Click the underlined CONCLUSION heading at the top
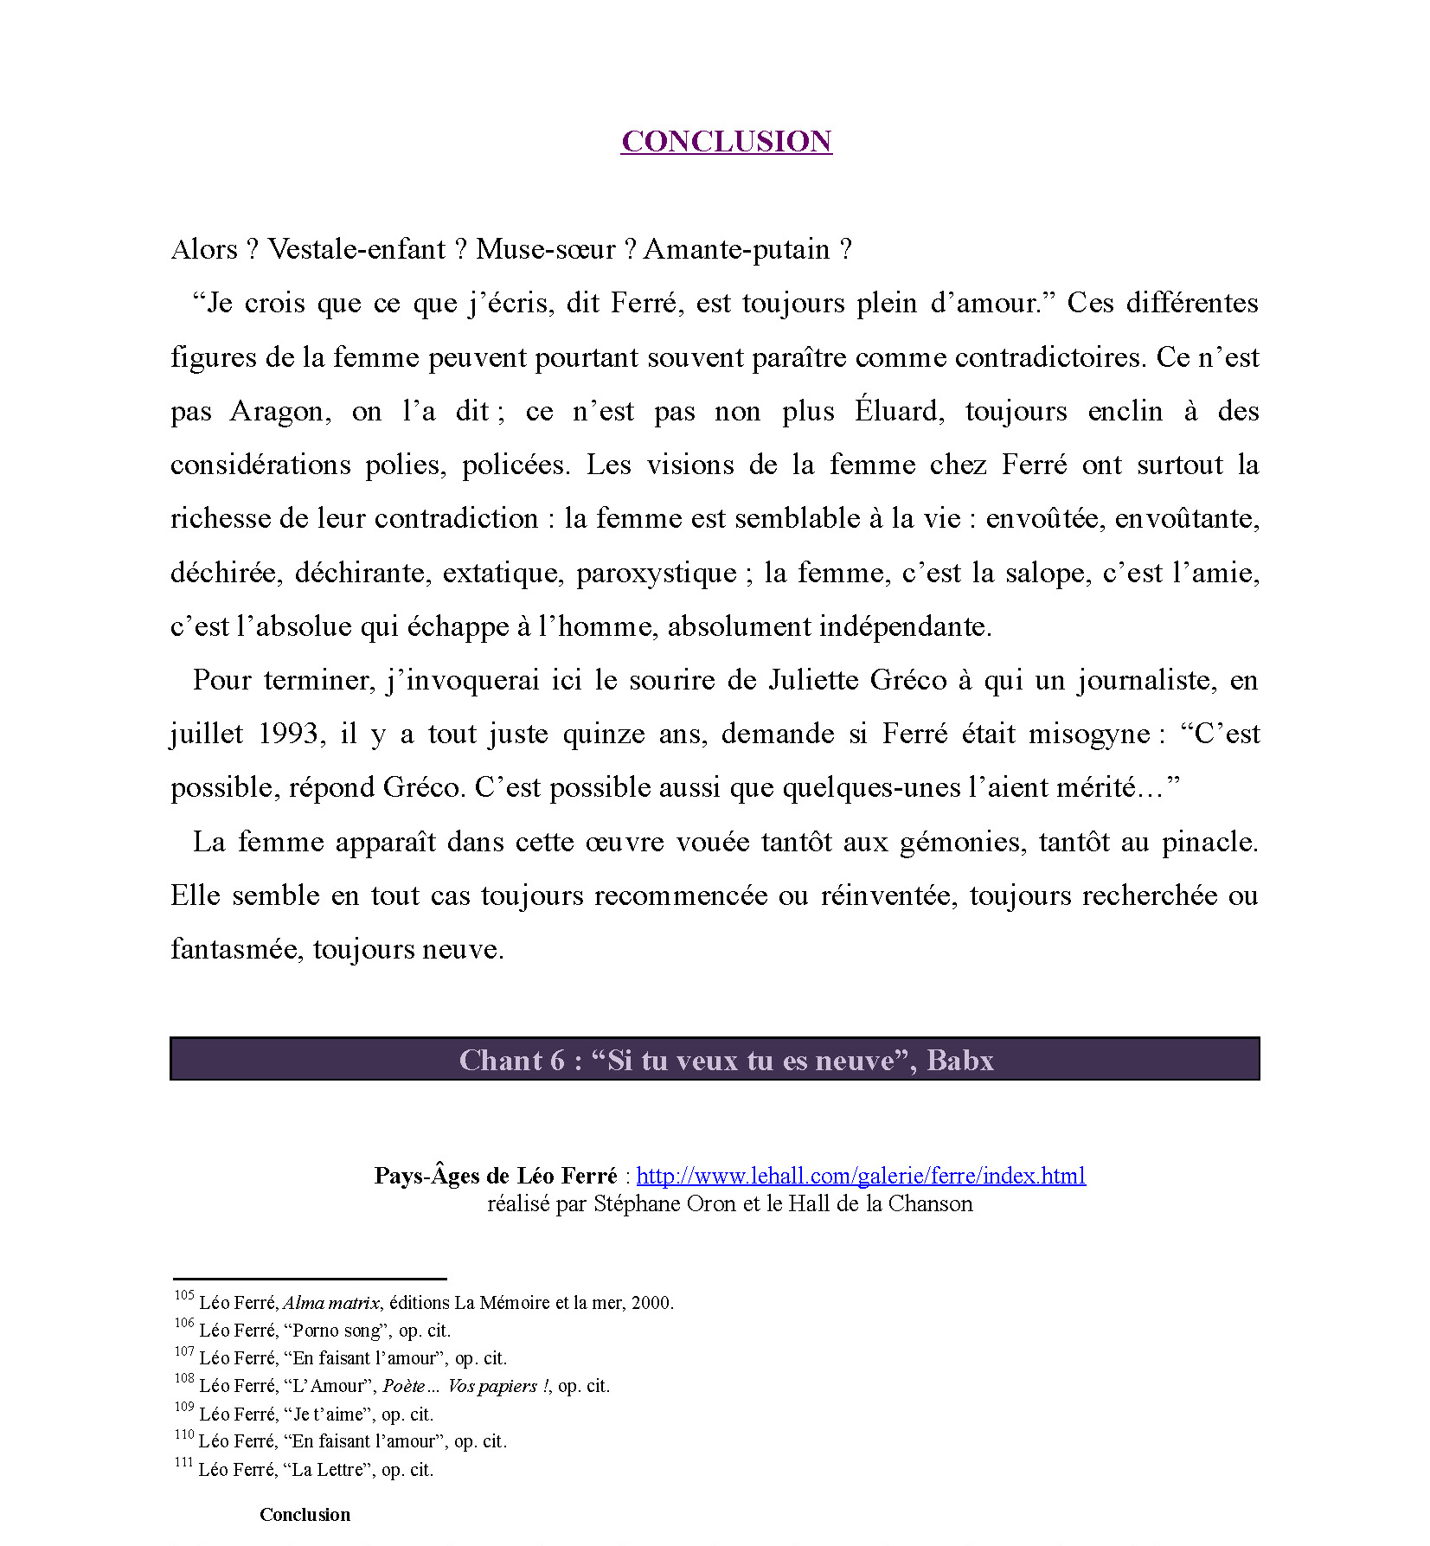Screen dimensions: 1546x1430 coord(726,141)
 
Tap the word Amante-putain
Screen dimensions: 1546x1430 coord(736,249)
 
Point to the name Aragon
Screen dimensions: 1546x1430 coord(280,411)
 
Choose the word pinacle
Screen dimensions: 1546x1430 coord(1209,842)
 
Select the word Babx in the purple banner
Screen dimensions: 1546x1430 coord(960,1060)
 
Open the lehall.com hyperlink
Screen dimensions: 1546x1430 coord(861,1176)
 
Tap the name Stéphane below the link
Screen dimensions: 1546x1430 coord(637,1204)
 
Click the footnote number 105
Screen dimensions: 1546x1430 coord(183,1295)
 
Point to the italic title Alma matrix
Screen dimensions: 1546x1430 coord(331,1303)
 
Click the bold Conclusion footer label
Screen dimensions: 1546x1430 coord(305,1515)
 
